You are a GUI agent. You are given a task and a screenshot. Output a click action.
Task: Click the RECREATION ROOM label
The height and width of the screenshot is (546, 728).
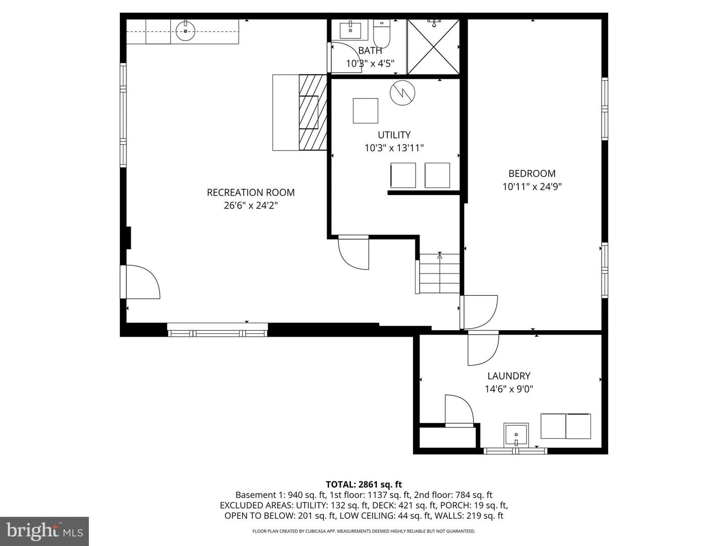[x=251, y=193]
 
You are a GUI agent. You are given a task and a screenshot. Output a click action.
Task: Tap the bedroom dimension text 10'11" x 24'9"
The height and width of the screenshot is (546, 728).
[x=532, y=187]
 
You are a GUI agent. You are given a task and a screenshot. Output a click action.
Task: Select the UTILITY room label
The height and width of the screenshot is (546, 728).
[x=394, y=135]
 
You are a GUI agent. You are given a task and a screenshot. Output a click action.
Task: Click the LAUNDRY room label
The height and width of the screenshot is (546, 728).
[x=509, y=376]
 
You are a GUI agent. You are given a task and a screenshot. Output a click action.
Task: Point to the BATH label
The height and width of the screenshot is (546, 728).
[x=370, y=51]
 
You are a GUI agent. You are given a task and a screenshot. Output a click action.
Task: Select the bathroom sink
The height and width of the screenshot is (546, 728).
[x=349, y=30]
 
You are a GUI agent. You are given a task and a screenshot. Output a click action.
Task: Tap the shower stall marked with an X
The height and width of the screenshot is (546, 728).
[x=433, y=47]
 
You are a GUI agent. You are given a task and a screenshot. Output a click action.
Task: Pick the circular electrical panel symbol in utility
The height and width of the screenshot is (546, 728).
[x=402, y=93]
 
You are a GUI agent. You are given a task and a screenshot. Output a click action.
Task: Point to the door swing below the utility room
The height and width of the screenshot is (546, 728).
[x=354, y=251]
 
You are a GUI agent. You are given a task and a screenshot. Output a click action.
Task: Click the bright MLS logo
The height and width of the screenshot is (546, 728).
[x=44, y=531]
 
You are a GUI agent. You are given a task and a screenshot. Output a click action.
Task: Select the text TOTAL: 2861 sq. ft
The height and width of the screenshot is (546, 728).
[x=363, y=485]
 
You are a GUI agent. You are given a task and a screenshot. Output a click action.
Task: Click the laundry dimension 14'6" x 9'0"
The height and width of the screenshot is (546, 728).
[x=509, y=389]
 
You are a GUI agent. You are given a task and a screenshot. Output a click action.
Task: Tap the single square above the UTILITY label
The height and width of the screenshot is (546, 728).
[x=365, y=111]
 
